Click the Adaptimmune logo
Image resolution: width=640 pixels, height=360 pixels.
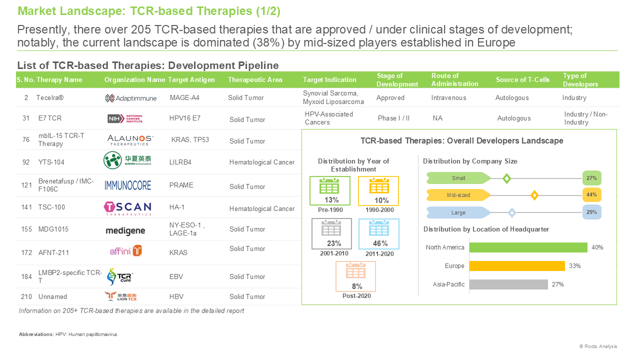[x=130, y=98]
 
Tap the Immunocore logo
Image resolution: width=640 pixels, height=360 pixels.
[x=127, y=185]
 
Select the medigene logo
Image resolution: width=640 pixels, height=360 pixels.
[x=125, y=231]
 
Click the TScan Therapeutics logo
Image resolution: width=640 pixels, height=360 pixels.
[x=127, y=208]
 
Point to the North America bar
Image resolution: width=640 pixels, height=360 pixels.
[x=528, y=247]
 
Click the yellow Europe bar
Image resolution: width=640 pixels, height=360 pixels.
[x=517, y=265]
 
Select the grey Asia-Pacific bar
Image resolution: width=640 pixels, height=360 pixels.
[x=508, y=284]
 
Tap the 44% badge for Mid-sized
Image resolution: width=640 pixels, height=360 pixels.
[x=591, y=195]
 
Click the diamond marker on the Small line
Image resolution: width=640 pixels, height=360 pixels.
[x=506, y=178]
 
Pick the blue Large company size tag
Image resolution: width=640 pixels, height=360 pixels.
[x=458, y=212]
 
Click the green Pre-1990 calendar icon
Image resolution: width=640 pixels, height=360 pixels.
[x=329, y=186]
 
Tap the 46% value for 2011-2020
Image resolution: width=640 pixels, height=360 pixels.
[x=380, y=243]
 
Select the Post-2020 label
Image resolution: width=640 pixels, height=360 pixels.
[x=356, y=296]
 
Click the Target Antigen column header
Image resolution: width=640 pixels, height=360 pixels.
[x=191, y=79]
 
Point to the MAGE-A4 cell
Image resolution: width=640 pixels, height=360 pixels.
[x=184, y=97]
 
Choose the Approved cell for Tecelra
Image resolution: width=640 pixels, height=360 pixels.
[x=390, y=97]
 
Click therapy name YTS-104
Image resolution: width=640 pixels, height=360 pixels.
[x=51, y=162]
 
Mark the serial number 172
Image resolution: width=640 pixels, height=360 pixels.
[x=26, y=252]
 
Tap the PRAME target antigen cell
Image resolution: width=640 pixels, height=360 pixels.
[x=181, y=185]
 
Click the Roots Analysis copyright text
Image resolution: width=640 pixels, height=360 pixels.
[x=598, y=346]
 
